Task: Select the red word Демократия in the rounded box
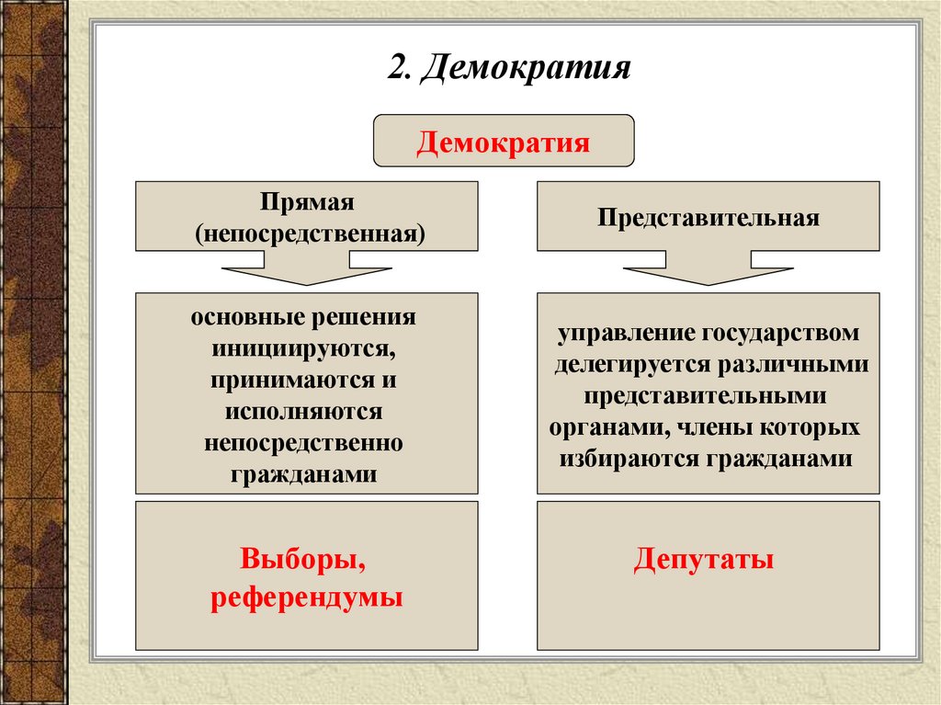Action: coord(503,143)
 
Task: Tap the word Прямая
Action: coord(306,201)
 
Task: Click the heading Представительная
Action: coord(708,219)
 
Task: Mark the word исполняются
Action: coord(307,411)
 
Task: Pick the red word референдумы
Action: coord(307,597)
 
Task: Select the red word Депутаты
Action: coord(703,559)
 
